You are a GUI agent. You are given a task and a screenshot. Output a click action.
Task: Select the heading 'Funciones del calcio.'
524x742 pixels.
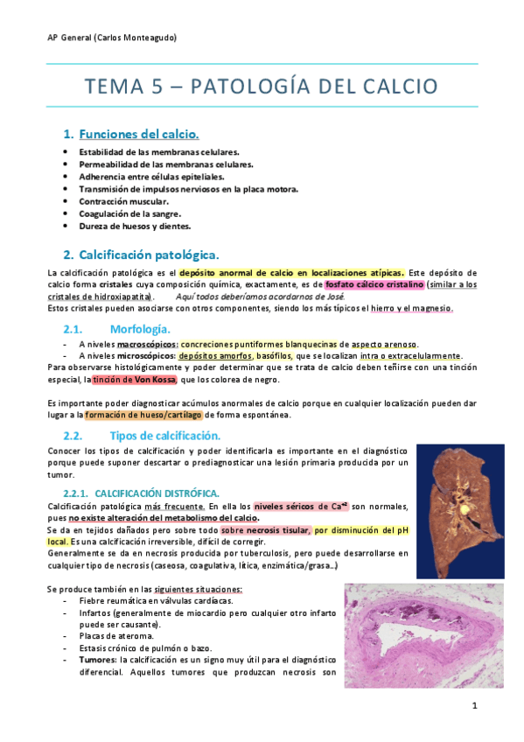click(139, 134)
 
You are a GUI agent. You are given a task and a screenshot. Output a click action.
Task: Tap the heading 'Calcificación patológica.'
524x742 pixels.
click(149, 255)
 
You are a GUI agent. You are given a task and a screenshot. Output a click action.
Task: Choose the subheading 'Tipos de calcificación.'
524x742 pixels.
click(165, 435)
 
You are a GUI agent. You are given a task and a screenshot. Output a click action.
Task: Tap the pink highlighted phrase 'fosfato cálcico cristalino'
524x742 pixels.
click(374, 284)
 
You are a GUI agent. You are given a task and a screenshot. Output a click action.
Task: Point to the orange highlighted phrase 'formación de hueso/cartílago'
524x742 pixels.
click(143, 415)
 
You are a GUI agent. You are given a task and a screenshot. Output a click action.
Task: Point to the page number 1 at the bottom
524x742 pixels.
click(473, 706)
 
